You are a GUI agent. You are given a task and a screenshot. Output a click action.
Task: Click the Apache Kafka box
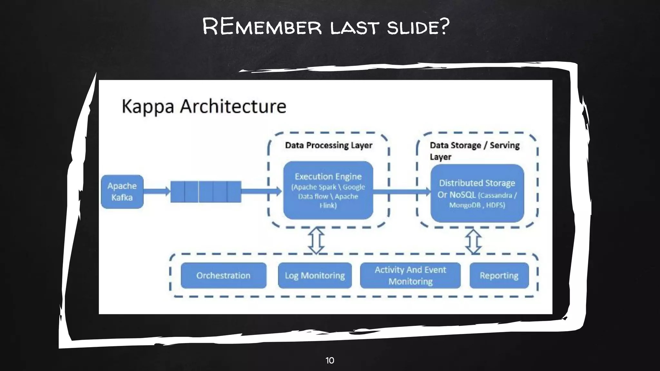coord(122,192)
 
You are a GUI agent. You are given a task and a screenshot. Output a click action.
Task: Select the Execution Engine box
coord(328,190)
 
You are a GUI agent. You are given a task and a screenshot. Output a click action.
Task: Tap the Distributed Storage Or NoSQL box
coord(477,193)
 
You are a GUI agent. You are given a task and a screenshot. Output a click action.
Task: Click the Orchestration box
coord(223,276)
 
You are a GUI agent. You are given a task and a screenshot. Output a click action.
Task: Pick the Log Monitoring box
coord(315,276)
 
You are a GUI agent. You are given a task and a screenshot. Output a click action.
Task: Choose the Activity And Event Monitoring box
coord(410,276)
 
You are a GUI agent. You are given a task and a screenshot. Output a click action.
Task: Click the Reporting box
coord(499,276)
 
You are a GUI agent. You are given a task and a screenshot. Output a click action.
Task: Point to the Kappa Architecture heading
coord(204,106)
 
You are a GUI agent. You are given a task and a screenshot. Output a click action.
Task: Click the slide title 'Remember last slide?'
coord(325,26)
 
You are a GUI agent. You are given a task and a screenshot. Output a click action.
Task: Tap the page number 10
coord(330,360)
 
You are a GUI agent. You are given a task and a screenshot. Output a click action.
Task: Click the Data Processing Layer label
coord(328,145)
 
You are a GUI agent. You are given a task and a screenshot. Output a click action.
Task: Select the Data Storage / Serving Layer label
coord(474,151)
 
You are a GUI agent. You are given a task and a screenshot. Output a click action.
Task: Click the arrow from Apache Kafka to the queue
coord(157,191)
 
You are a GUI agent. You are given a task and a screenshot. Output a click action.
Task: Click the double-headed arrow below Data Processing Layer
coord(316,241)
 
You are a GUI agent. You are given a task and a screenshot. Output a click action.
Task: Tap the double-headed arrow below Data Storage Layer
coord(473,241)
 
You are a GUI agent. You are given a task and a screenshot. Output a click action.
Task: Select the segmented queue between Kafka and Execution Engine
coord(206,192)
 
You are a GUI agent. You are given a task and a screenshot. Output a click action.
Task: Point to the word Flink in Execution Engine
coord(328,205)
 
